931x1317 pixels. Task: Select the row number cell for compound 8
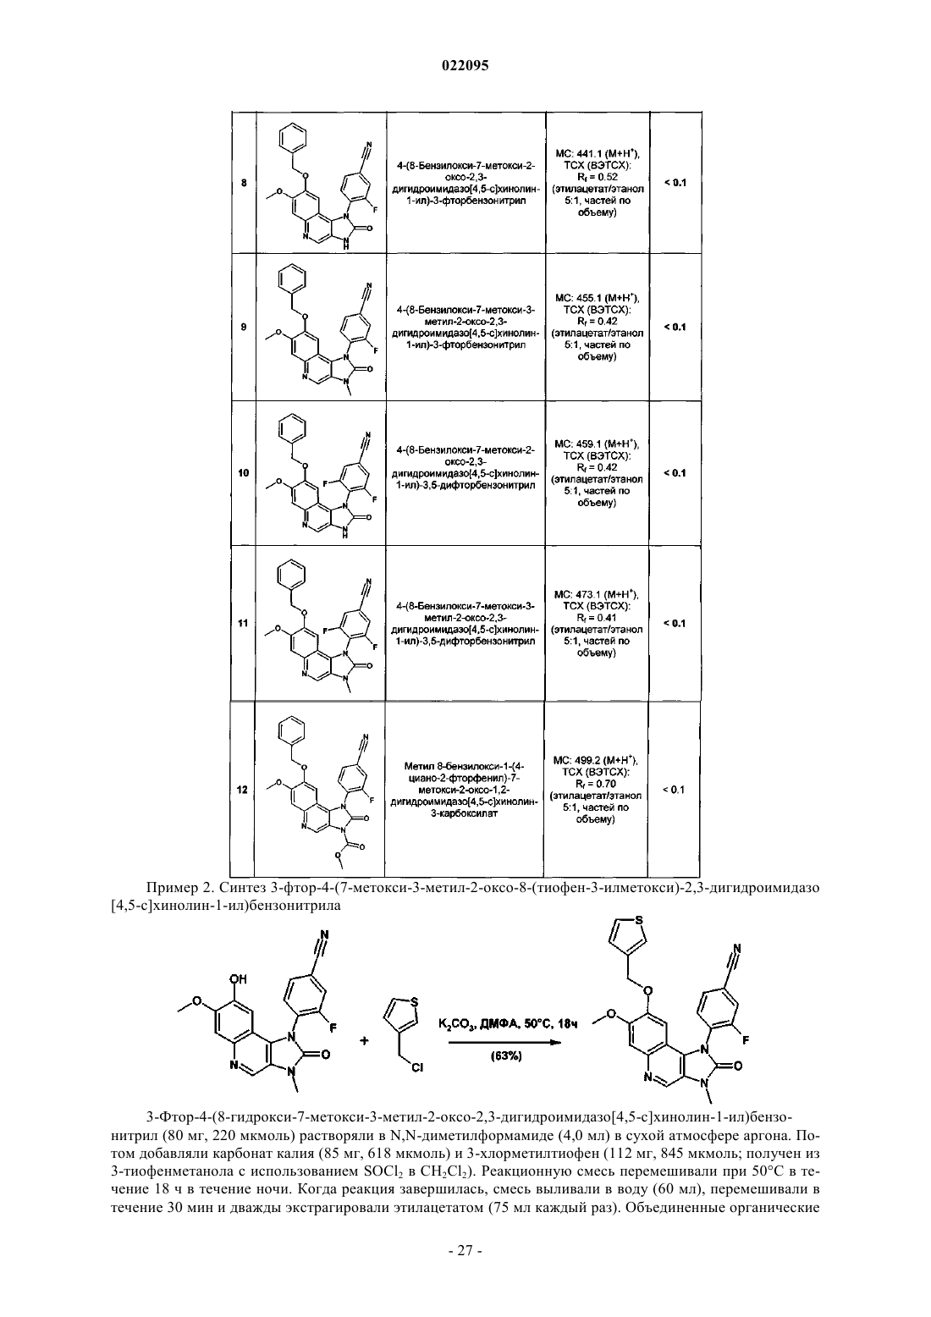(244, 183)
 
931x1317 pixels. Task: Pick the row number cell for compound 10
(244, 472)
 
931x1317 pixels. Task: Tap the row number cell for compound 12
(243, 790)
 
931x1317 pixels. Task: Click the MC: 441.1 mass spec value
(598, 154)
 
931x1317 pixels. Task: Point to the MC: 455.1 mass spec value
(598, 298)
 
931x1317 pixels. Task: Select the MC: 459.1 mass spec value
(597, 444)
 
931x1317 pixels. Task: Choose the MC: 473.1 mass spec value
(597, 594)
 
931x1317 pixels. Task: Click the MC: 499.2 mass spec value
(596, 760)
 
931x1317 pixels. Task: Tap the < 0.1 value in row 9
(675, 327)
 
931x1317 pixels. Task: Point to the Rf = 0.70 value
(596, 784)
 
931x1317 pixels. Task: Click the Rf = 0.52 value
(598, 177)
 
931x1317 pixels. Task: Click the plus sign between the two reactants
(365, 1040)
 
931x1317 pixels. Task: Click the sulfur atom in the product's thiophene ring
(639, 920)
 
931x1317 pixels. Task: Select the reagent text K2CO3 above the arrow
(457, 1024)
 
